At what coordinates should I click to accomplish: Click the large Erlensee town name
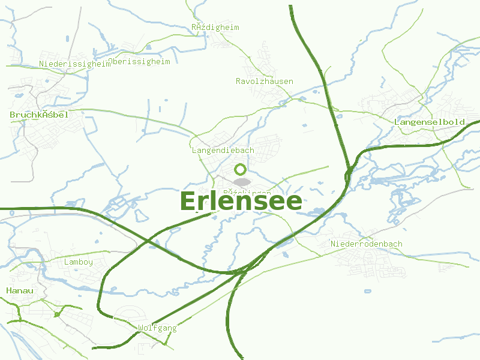point(241,202)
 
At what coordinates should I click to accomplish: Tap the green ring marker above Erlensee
point(241,169)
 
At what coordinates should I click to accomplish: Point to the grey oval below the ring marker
point(242,182)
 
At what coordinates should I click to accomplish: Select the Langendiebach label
point(223,150)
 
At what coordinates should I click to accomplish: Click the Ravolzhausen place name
point(265,81)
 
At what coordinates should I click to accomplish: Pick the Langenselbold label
point(430,122)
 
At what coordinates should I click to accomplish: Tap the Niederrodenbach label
point(367,244)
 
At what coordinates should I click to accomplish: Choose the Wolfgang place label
point(157,328)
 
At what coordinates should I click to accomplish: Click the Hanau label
point(19,290)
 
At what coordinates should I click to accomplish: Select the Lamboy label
point(79,262)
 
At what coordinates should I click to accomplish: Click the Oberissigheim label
point(140,61)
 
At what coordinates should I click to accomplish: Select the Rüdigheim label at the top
point(215,27)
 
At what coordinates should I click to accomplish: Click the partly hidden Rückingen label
point(247,193)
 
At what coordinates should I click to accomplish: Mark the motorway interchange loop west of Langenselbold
point(348,175)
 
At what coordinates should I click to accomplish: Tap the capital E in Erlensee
point(188,202)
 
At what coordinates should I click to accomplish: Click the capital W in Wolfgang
point(141,328)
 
